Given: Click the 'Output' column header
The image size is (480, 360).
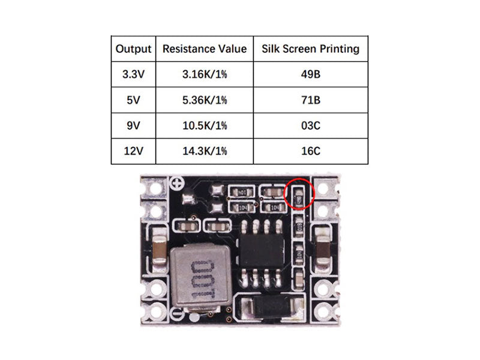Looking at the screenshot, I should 133,49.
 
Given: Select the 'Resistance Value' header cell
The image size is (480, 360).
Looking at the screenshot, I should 205,49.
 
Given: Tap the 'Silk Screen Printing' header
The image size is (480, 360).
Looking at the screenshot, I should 310,49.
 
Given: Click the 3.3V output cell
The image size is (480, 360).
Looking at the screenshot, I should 133,74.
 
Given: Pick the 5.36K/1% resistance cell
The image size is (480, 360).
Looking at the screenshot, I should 205,100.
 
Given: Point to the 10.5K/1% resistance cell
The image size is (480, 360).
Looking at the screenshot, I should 205,125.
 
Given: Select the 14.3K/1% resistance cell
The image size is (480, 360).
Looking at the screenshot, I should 205,151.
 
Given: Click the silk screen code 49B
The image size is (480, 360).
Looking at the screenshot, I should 310,74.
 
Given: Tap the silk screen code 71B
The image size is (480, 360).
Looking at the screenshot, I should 310,100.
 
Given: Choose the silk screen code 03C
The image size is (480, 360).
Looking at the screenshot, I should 310,125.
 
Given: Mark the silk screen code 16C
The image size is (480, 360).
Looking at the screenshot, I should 310,151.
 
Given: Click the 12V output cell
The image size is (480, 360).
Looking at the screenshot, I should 133,151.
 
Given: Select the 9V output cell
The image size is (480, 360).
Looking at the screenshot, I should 133,125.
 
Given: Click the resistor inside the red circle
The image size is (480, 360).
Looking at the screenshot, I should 300,194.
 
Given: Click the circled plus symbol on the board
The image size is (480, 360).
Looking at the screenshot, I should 177,184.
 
